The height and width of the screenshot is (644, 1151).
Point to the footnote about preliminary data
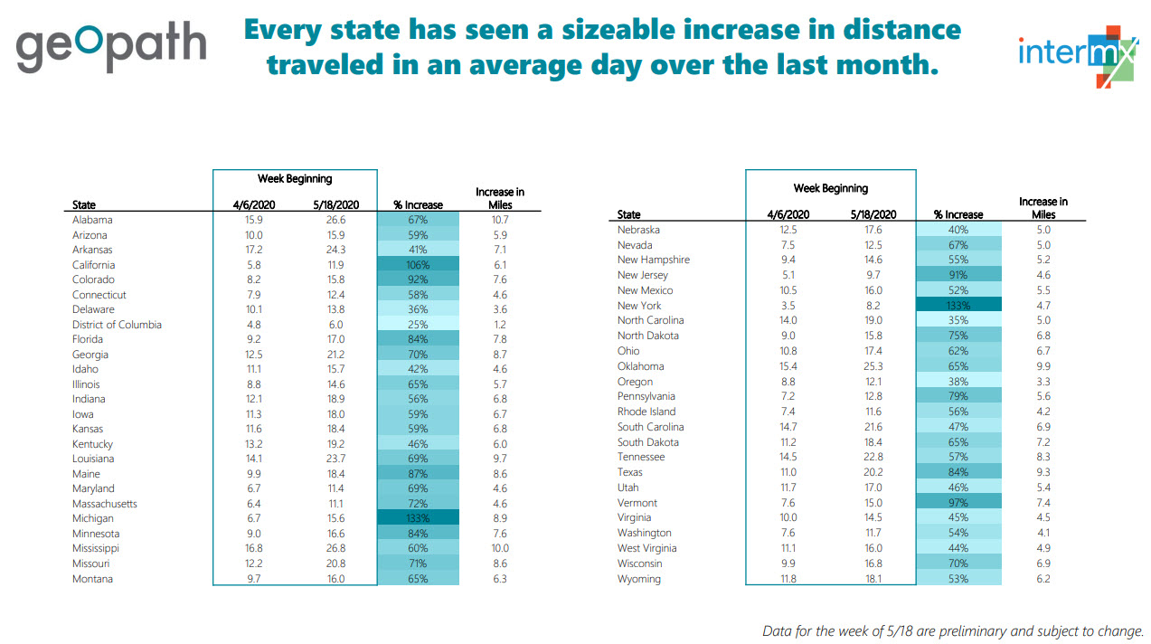click(954, 630)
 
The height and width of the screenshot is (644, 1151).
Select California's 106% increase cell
click(418, 265)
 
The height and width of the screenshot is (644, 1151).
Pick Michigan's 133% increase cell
click(418, 518)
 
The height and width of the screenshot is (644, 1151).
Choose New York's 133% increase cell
click(958, 306)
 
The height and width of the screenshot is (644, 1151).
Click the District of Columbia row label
click(117, 325)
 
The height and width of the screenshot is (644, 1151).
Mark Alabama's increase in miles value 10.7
click(499, 220)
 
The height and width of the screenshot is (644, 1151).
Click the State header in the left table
click(84, 205)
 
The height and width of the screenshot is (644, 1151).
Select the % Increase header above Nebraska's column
click(958, 214)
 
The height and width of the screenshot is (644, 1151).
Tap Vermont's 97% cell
click(958, 503)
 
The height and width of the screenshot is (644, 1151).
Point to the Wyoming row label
click(638, 579)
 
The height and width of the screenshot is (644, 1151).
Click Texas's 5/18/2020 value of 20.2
click(873, 472)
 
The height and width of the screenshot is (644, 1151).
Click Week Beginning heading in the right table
click(830, 188)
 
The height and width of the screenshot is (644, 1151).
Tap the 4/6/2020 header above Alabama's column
click(248, 205)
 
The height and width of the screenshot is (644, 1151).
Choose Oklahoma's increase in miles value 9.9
click(1043, 366)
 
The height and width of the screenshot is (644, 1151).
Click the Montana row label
click(92, 579)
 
